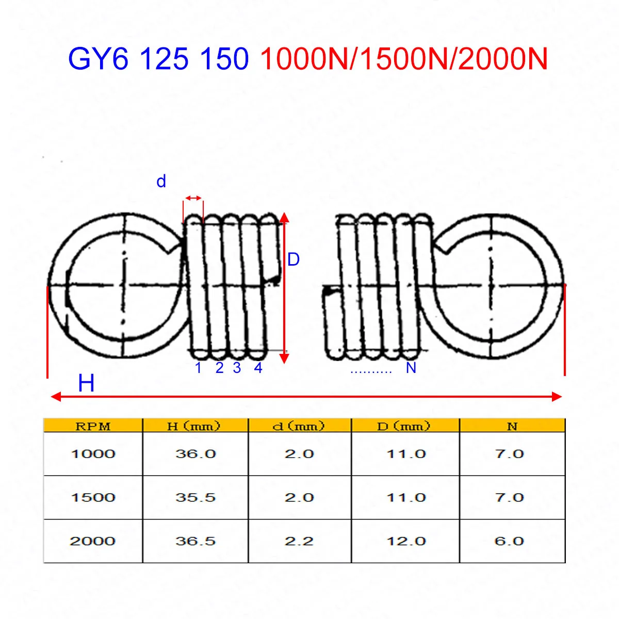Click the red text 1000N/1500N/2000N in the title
pyautogui.click(x=403, y=59)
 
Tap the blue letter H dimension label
pyautogui.click(x=86, y=384)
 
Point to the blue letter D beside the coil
pyautogui.click(x=293, y=259)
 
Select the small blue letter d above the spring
pyautogui.click(x=161, y=182)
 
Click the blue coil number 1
pyautogui.click(x=198, y=368)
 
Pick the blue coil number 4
pyautogui.click(x=258, y=368)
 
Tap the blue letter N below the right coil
pyautogui.click(x=411, y=368)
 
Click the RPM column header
pyautogui.click(x=93, y=426)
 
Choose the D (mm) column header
pyautogui.click(x=403, y=426)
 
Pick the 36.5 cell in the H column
pyautogui.click(x=195, y=541)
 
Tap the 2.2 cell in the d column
pyautogui.click(x=299, y=541)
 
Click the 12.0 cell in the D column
pyautogui.click(x=406, y=541)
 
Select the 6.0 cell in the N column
pyautogui.click(x=509, y=541)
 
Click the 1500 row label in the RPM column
pyautogui.click(x=93, y=498)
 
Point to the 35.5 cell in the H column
pyautogui.click(x=195, y=498)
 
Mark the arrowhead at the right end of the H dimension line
pyautogui.click(x=557, y=396)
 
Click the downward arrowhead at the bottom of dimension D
pyautogui.click(x=284, y=359)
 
